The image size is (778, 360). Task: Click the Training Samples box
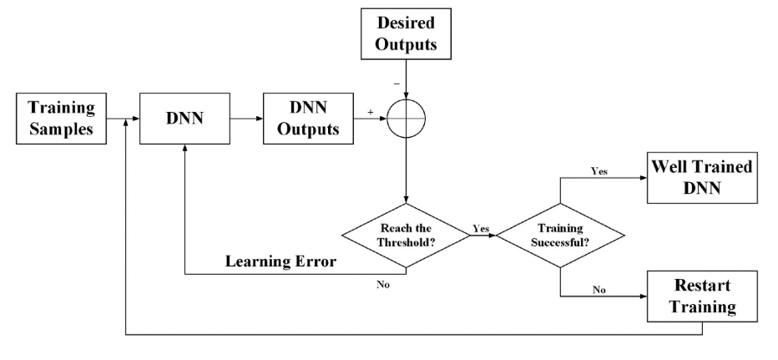tap(62, 119)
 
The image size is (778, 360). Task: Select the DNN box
tap(184, 119)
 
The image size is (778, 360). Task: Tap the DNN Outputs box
tap(308, 119)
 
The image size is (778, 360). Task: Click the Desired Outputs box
tap(406, 33)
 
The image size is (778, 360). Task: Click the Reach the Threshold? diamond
tap(406, 236)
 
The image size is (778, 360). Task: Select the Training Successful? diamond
tap(561, 236)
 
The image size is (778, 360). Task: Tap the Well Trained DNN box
tap(702, 178)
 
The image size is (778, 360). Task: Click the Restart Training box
tap(702, 297)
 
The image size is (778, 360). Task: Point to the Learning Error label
tap(280, 261)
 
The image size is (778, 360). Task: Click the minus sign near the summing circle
tap(397, 84)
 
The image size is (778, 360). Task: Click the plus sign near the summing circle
tap(370, 112)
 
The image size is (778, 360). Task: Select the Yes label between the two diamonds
tap(481, 228)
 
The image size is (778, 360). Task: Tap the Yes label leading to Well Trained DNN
tap(599, 171)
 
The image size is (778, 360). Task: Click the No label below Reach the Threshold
tap(383, 285)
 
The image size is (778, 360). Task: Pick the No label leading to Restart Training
tap(599, 290)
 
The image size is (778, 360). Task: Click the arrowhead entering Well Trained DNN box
tap(644, 178)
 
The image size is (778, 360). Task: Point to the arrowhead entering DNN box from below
tap(184, 148)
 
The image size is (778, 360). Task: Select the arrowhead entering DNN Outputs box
tap(260, 119)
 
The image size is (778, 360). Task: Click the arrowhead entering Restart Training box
tap(644, 297)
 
